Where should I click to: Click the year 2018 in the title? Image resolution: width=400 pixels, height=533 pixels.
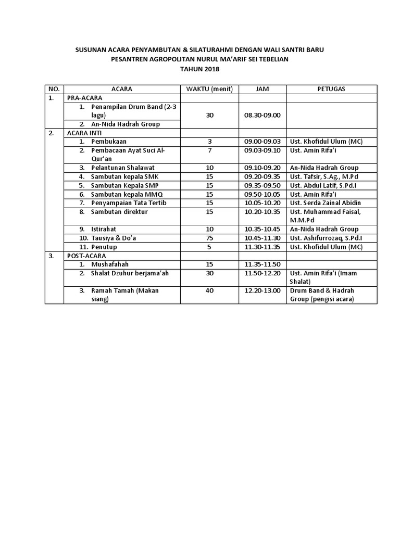pyautogui.click(x=212, y=69)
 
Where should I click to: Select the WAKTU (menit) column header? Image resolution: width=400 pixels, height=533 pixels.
pyautogui.click(x=209, y=88)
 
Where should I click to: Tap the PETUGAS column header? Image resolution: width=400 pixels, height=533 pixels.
pyautogui.click(x=331, y=88)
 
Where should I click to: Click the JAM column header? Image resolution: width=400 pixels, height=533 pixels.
pyautogui.click(x=262, y=88)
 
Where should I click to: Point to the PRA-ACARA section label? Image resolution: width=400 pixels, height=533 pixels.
pyautogui.click(x=84, y=97)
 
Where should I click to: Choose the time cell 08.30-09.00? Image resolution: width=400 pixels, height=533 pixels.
pyautogui.click(x=262, y=115)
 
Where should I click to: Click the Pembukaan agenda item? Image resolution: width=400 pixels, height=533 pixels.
pyautogui.click(x=109, y=141)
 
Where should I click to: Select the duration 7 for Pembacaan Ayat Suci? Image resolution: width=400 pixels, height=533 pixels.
pyautogui.click(x=209, y=150)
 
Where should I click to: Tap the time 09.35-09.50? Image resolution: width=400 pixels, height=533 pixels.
pyautogui.click(x=262, y=185)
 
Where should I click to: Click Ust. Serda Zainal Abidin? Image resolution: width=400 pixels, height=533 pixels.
pyautogui.click(x=326, y=202)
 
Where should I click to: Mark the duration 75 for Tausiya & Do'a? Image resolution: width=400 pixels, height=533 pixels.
pyautogui.click(x=209, y=238)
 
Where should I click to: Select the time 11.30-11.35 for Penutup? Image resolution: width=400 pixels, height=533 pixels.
pyautogui.click(x=262, y=247)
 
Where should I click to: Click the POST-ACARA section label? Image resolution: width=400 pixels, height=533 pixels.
pyautogui.click(x=85, y=256)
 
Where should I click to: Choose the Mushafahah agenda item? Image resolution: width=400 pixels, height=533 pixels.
pyautogui.click(x=110, y=264)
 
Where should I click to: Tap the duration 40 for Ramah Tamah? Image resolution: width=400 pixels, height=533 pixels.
pyautogui.click(x=209, y=290)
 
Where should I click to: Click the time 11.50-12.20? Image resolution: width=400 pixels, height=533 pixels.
pyautogui.click(x=262, y=273)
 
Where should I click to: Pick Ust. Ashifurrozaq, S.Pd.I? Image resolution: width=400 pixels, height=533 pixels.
pyautogui.click(x=327, y=238)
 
